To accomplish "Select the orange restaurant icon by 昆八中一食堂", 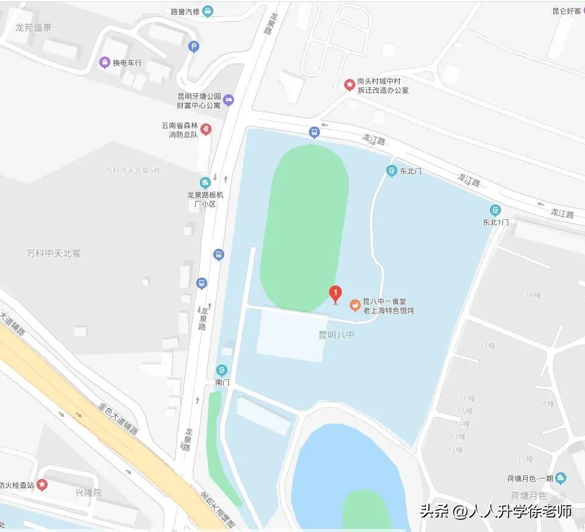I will pos(354,305).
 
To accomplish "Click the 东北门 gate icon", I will pos(391,171).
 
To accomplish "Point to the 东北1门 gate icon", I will pos(495,210).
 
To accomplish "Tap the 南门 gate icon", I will pos(222,369).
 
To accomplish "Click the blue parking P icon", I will pos(194,46).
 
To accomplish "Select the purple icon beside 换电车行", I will pos(105,62).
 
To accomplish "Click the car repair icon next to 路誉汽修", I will pos(208,10).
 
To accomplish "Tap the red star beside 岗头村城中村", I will pos(350,85).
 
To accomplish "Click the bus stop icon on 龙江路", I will pos(314,131).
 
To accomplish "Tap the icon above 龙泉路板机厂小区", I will pos(205,182).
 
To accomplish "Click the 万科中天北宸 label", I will pos(54,253).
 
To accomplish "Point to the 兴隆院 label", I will pos(88,492).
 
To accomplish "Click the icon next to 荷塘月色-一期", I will pos(561,478).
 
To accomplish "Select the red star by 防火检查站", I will pos(42,485).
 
